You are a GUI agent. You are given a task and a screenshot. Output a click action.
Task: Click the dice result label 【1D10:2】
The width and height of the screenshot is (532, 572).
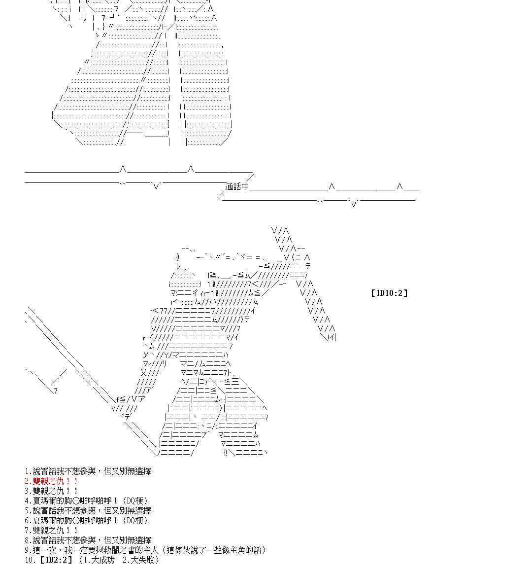pos(389,293)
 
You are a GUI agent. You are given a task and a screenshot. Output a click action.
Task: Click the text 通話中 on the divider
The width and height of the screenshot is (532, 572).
pos(237,186)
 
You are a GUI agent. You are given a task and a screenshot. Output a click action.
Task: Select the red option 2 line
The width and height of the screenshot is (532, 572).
pos(51,481)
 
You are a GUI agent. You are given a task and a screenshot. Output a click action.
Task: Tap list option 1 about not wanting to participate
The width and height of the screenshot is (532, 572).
pos(88,471)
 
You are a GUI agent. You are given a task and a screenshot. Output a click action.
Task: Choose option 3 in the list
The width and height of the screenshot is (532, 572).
pos(51,491)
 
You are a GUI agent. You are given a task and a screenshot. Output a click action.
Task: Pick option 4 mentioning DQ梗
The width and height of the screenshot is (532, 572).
pos(87,501)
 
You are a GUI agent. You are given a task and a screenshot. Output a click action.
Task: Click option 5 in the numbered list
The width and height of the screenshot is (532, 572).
pos(88,511)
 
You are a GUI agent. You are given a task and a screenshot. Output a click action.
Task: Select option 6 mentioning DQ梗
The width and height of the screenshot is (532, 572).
pos(87,521)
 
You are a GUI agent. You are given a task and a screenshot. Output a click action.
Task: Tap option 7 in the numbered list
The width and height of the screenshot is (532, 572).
pos(51,531)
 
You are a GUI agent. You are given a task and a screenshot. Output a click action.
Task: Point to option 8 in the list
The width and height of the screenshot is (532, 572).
pos(88,540)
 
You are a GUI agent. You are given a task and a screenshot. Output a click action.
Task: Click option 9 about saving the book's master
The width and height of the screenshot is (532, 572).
pos(146,550)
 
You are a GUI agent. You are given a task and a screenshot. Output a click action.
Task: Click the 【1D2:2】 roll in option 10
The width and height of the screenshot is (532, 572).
pos(55,560)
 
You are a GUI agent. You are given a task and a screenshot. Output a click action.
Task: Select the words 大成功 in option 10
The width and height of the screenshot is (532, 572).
pos(103,560)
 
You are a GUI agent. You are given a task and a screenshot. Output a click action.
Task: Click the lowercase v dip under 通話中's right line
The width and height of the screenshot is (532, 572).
pos(354,204)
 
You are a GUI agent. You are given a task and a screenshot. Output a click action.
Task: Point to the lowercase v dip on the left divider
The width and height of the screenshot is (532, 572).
pos(156,186)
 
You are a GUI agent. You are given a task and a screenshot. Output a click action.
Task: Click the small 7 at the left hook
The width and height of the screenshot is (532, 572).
pos(55,391)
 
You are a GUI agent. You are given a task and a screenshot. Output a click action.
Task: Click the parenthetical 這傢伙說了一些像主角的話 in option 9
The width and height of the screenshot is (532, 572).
pos(213,550)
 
